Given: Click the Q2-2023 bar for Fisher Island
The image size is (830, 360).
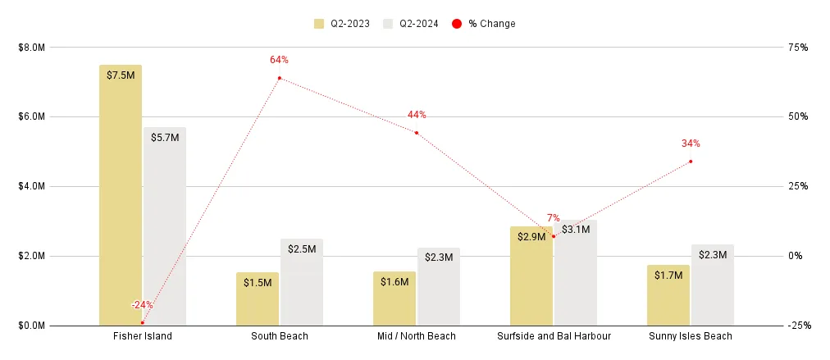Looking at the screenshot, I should pyautogui.click(x=121, y=197).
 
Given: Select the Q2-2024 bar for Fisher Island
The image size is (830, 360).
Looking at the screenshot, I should pyautogui.click(x=165, y=230).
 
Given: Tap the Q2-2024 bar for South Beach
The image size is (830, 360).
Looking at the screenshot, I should pyautogui.click(x=302, y=283).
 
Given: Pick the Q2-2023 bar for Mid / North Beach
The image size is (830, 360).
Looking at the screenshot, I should pyautogui.click(x=394, y=299).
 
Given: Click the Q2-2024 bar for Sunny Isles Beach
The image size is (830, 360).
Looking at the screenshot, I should pyautogui.click(x=713, y=287).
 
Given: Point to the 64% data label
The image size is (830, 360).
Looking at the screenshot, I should pyautogui.click(x=279, y=60).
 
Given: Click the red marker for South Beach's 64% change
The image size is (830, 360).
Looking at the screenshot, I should pyautogui.click(x=280, y=78).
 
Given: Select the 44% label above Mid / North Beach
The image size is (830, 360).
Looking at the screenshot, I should pyautogui.click(x=417, y=115).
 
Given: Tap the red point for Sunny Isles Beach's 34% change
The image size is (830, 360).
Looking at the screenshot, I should pyautogui.click(x=691, y=161).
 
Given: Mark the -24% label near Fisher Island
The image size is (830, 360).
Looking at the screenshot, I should pyautogui.click(x=143, y=305).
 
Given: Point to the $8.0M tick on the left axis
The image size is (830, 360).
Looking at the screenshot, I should pyautogui.click(x=32, y=47).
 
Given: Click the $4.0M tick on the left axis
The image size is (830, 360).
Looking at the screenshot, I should pyautogui.click(x=32, y=186).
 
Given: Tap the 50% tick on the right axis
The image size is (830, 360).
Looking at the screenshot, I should pyautogui.click(x=798, y=116).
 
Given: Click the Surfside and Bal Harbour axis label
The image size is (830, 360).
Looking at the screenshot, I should pyautogui.click(x=554, y=336).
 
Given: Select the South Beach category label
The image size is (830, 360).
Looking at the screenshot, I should pyautogui.click(x=280, y=336).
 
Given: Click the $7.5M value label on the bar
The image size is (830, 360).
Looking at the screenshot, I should pyautogui.click(x=121, y=75).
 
